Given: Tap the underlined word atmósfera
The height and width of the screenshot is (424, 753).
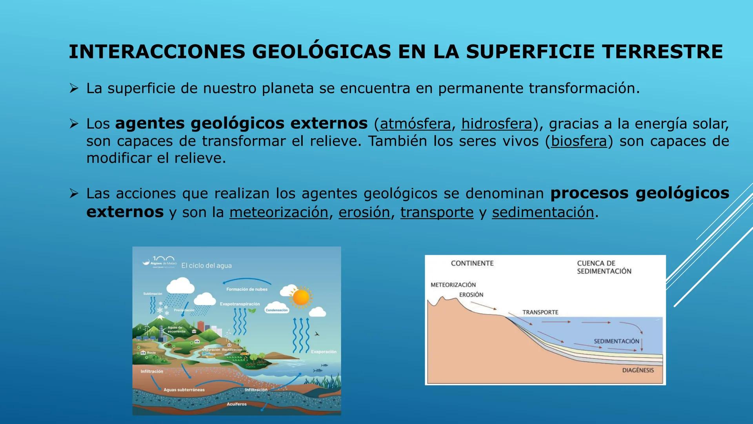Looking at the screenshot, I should (x=415, y=124).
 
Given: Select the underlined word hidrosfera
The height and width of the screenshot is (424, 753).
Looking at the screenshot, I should (x=497, y=124).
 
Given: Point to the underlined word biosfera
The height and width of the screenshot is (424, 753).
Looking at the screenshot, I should (x=578, y=141).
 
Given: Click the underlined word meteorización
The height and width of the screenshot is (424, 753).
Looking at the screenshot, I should (x=278, y=212).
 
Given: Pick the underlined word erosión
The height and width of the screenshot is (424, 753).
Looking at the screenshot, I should (x=364, y=212).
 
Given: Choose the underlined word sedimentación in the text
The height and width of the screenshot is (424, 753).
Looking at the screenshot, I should (x=543, y=212).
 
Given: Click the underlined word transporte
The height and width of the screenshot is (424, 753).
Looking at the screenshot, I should (x=437, y=212).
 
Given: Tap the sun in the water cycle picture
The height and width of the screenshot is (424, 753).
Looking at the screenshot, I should (x=301, y=297).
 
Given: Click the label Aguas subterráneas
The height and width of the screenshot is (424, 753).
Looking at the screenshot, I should (x=184, y=390).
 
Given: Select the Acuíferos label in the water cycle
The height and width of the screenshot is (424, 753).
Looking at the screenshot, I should (x=236, y=404).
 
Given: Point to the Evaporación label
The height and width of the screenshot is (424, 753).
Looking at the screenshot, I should (x=324, y=352).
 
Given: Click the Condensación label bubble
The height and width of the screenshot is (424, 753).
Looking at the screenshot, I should (x=276, y=310).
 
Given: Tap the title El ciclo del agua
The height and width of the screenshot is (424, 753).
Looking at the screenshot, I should (x=206, y=266).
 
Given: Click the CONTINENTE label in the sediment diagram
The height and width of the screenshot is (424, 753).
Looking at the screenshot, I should (x=472, y=263).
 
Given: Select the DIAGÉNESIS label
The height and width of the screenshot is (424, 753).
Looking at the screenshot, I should (x=638, y=370).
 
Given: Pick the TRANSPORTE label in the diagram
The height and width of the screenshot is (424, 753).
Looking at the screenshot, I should (x=540, y=313).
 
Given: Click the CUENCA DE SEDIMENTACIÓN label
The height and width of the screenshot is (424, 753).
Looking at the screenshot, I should (x=604, y=267).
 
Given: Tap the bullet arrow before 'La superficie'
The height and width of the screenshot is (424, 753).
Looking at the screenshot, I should (x=74, y=88).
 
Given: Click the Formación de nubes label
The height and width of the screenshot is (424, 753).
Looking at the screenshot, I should (x=247, y=289).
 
